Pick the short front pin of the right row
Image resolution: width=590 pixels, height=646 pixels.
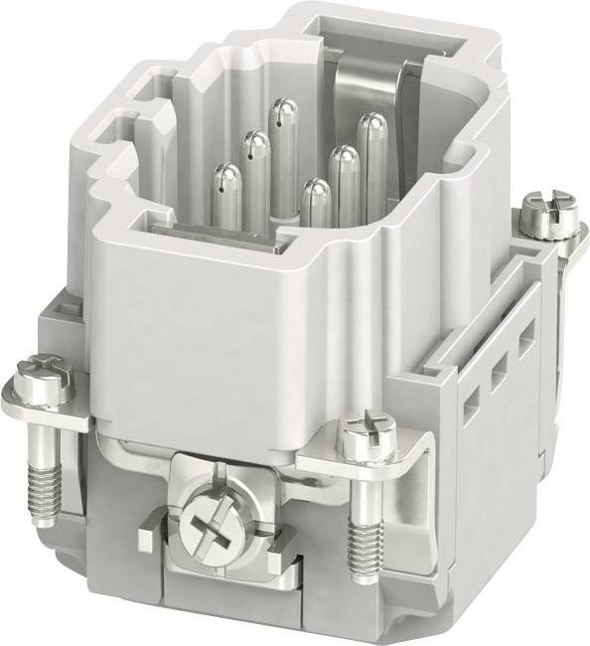(316, 204)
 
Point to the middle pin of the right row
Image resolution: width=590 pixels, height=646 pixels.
(344, 179)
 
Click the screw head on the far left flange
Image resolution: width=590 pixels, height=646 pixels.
(42, 380)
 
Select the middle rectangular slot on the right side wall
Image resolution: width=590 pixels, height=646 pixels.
(499, 370)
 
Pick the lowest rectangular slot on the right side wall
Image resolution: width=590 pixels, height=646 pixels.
(469, 403)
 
